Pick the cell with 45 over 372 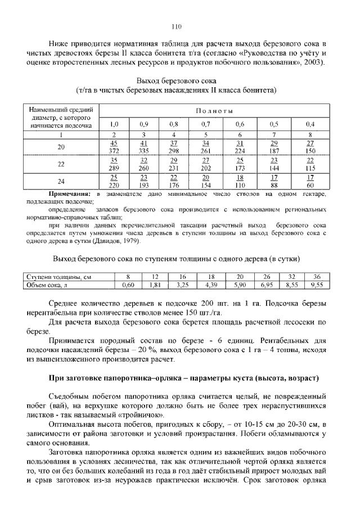(114, 147)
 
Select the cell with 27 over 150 (310, 147)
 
